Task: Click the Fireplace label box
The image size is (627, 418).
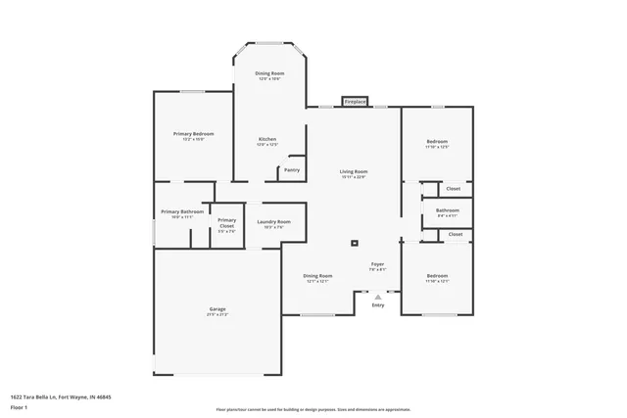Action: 355,101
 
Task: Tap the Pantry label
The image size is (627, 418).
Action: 292,169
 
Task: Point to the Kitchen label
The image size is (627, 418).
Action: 267,140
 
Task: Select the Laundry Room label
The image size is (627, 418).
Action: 274,222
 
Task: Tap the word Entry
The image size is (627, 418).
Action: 378,305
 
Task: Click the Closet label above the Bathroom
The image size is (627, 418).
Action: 454,188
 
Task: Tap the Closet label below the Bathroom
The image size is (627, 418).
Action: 456,235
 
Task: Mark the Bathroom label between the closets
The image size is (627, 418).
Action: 448,210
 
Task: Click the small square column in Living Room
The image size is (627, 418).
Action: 356,244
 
